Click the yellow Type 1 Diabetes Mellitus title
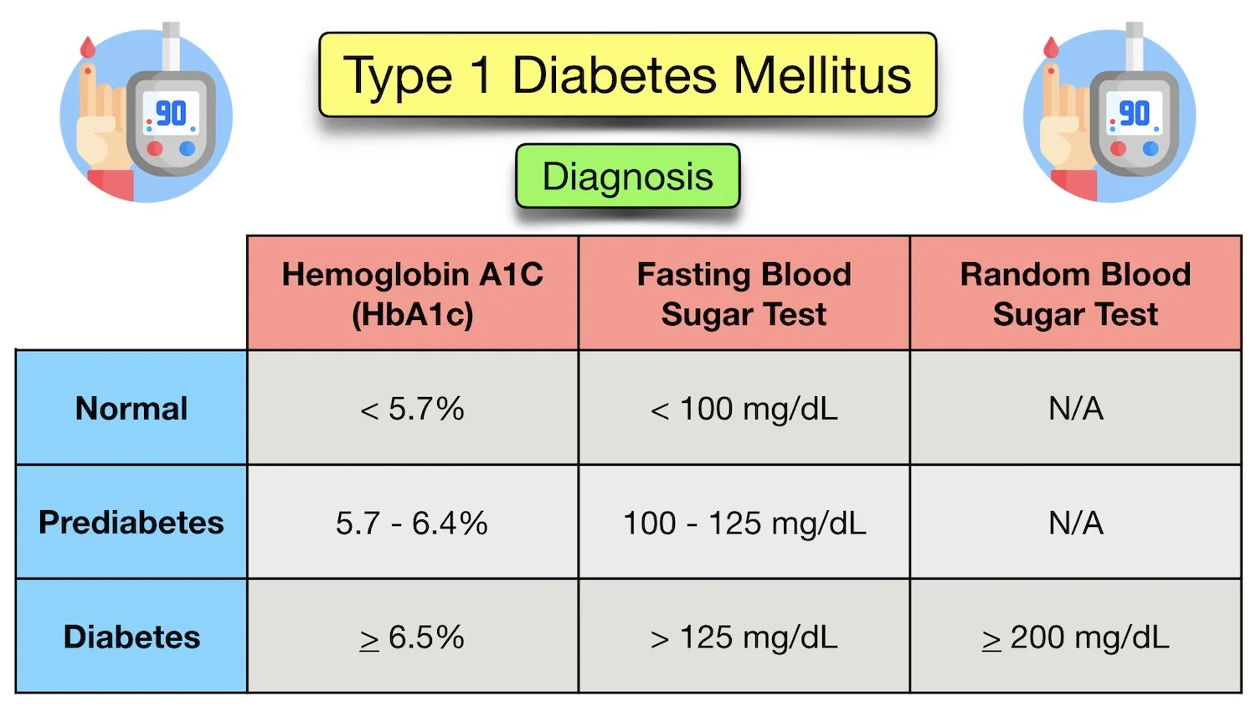tap(627, 75)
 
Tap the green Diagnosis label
tap(627, 177)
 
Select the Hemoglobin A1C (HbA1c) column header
tap(412, 293)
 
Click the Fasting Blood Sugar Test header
tap(744, 293)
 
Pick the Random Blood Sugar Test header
tap(1075, 293)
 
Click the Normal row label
tap(131, 408)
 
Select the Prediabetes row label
tap(131, 522)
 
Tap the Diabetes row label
tap(131, 637)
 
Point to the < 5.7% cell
tap(412, 408)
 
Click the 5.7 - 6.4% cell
tap(412, 523)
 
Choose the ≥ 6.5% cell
tap(412, 637)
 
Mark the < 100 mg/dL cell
tap(744, 408)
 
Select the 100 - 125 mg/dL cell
tap(744, 523)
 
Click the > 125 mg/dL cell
tap(744, 637)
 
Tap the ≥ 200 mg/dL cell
tap(1075, 637)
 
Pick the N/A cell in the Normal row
tap(1075, 408)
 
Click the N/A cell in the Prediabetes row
tap(1075, 523)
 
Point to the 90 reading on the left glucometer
tap(172, 113)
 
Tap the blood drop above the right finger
tap(1051, 48)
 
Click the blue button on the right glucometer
tap(1151, 148)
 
